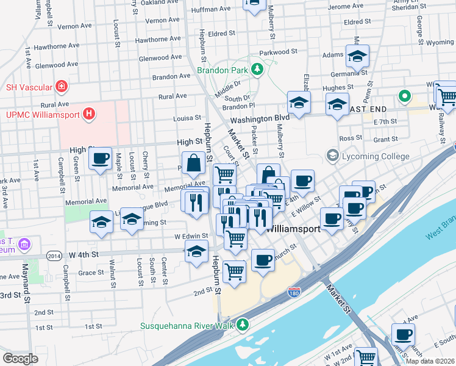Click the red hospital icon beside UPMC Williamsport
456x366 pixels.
[89, 113]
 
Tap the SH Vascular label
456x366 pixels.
[28, 87]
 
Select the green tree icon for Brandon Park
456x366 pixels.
[257, 70]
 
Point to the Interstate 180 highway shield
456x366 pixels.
[294, 293]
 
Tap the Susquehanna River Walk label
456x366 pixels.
[188, 323]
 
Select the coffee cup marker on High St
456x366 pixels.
[101, 160]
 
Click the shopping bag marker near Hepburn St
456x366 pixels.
[193, 163]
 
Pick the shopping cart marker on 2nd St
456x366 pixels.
[234, 271]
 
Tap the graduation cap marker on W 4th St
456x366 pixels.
[196, 253]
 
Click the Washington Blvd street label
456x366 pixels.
[259, 118]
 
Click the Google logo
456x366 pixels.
[20, 359]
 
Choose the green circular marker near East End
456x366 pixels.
[403, 96]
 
